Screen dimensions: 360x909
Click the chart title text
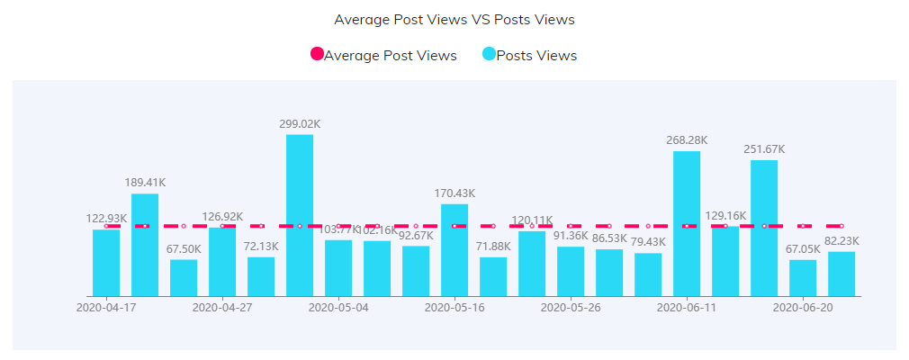[454, 19]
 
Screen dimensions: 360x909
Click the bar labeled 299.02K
[300, 216]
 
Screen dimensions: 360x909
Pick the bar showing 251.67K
[764, 229]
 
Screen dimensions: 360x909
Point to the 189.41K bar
[145, 245]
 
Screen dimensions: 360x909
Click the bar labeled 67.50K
[184, 278]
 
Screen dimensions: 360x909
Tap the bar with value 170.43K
[454, 250]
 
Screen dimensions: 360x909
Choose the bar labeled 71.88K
[493, 277]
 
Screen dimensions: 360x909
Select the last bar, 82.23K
[841, 274]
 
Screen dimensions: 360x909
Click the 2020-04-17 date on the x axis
[106, 307]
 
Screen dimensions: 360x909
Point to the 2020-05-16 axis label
[454, 307]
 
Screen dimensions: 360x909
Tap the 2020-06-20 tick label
[803, 307]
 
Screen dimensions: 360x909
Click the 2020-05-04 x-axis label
[338, 307]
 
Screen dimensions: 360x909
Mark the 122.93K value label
[106, 218]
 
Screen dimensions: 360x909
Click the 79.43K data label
[648, 241]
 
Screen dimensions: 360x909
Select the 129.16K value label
[725, 215]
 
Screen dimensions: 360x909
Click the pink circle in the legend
[317, 55]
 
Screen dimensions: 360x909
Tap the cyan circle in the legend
[489, 55]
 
